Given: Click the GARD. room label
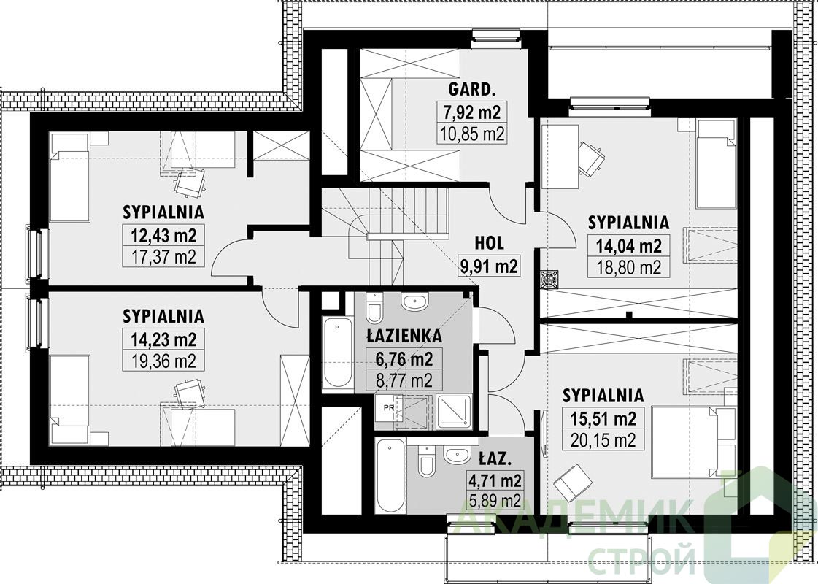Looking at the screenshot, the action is (x=471, y=90).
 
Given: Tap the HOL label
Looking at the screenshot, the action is (x=489, y=242).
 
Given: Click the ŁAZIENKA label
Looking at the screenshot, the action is (x=404, y=336).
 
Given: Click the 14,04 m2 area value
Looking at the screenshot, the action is (x=628, y=245).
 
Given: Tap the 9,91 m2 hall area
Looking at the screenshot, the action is (x=489, y=266).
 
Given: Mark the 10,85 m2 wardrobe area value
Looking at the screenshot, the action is (x=471, y=134).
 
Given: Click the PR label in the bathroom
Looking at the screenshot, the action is (x=389, y=408).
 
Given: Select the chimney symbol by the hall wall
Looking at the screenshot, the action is (x=549, y=279).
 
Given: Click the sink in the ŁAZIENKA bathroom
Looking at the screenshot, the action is (x=414, y=301).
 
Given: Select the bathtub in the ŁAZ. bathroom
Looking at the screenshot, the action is (x=390, y=476).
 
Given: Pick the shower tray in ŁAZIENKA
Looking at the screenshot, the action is (x=454, y=412).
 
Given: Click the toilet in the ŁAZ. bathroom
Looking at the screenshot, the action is (x=426, y=461).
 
